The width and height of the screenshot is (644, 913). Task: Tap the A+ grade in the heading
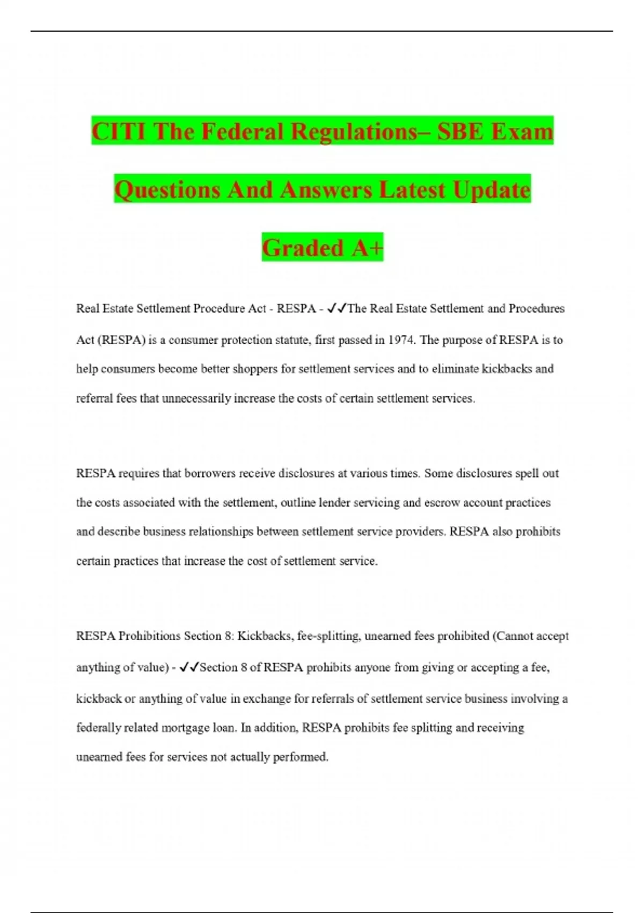click(x=368, y=248)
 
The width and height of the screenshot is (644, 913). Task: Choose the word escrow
click(x=442, y=503)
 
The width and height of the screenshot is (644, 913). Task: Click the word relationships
click(x=222, y=532)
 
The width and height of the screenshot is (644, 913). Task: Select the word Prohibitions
click(x=149, y=636)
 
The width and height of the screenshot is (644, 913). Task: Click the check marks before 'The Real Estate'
click(x=338, y=308)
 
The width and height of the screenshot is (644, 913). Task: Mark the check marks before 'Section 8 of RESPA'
click(x=189, y=667)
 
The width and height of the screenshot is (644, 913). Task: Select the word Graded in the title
click(x=303, y=248)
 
